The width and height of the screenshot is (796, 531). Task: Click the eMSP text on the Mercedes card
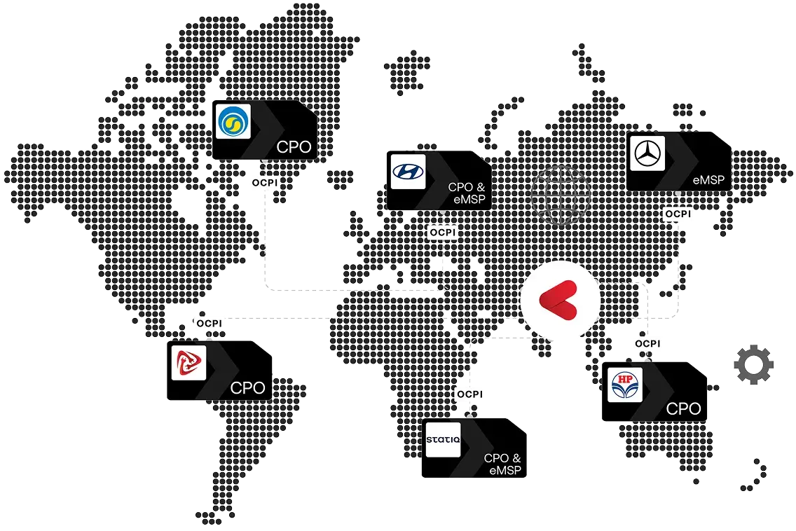[x=710, y=180]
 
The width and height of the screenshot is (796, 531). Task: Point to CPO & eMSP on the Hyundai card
[x=466, y=193]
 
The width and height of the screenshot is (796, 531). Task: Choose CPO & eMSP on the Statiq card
[x=503, y=464]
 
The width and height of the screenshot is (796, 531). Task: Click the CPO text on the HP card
[x=684, y=408]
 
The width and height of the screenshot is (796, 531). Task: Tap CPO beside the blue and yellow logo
[x=294, y=148]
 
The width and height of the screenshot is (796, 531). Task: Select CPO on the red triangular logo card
[x=247, y=387]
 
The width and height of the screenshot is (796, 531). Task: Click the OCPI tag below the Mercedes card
[x=678, y=214]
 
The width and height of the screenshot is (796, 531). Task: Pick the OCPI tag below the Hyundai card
[x=443, y=232]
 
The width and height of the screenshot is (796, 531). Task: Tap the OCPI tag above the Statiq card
[x=469, y=394]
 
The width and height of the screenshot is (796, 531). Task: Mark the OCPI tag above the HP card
[x=647, y=343]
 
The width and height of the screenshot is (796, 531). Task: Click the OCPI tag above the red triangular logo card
[x=210, y=324]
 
